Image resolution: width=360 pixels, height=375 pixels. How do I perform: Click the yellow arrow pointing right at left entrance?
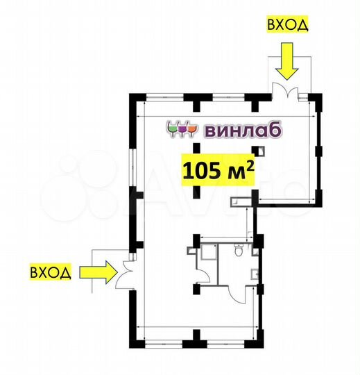pyautogui.click(x=97, y=271)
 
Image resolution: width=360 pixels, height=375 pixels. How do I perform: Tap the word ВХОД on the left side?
pyautogui.click(x=49, y=271)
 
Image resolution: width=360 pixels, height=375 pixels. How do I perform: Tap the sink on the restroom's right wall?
pyautogui.click(x=255, y=272)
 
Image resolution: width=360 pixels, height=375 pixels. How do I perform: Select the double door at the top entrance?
pyautogui.click(x=286, y=92)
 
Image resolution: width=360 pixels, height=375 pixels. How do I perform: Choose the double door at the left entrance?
pyautogui.click(x=124, y=272)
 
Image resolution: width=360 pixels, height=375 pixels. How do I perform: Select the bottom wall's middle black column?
pyautogui.click(x=196, y=338)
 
